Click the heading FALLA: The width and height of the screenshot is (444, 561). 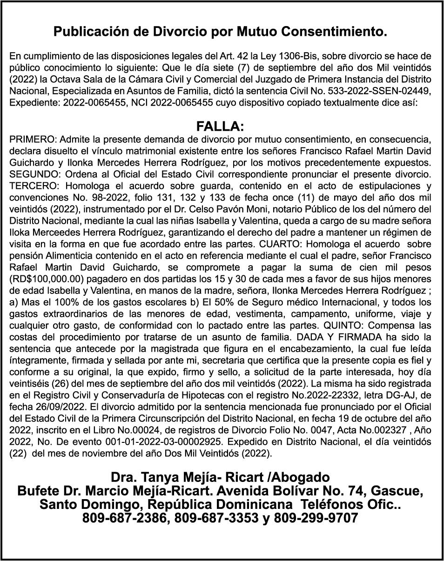220,127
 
